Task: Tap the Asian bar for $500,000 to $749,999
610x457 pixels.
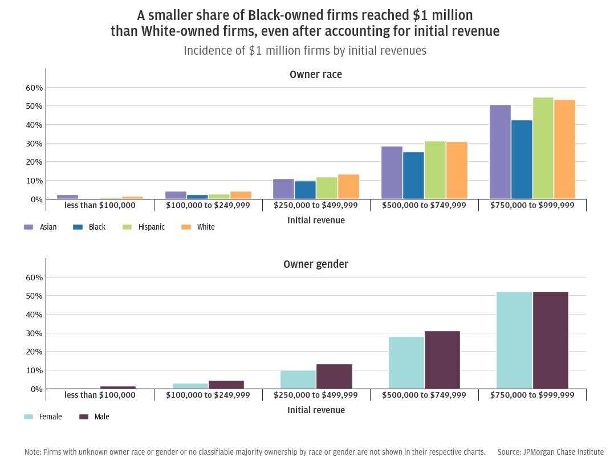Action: (x=392, y=173)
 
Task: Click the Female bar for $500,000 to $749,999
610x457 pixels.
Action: (x=406, y=362)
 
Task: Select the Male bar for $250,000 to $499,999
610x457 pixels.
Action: (x=334, y=376)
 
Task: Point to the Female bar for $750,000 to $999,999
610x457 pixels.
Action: (x=514, y=340)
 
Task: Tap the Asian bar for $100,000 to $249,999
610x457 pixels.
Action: (x=176, y=195)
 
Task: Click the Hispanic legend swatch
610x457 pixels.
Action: (x=127, y=227)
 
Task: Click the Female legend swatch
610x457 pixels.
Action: (x=29, y=417)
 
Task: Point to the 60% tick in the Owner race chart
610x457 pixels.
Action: (x=34, y=88)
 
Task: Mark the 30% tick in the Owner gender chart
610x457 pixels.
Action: (x=34, y=333)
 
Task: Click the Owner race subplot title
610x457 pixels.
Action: (x=316, y=75)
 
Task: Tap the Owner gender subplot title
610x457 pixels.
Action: (x=316, y=264)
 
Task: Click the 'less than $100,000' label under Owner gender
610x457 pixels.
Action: (x=100, y=395)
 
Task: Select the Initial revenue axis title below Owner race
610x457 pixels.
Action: (x=316, y=221)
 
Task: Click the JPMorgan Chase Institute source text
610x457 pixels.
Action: (x=550, y=452)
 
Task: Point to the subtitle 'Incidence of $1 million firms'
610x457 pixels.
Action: (x=305, y=51)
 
